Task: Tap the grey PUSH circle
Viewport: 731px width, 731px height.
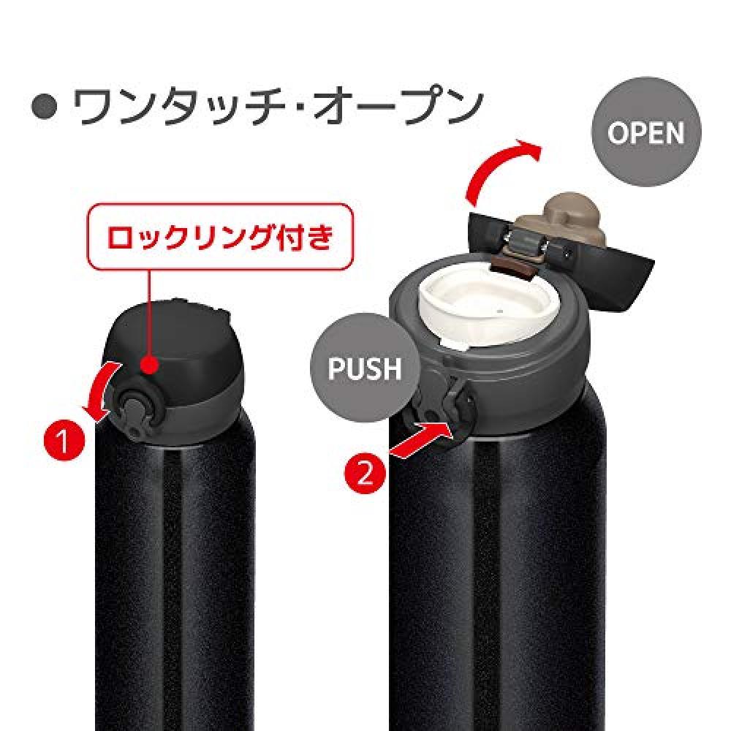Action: (x=365, y=368)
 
